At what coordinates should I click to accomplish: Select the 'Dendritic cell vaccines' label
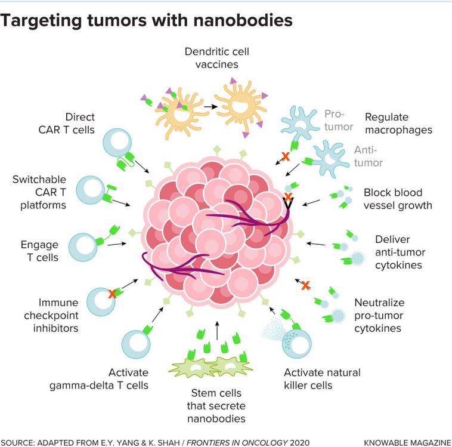(x=216, y=58)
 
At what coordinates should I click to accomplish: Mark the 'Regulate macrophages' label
(x=398, y=123)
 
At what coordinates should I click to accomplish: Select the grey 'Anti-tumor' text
(x=369, y=156)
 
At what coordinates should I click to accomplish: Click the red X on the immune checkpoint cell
(x=111, y=294)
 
